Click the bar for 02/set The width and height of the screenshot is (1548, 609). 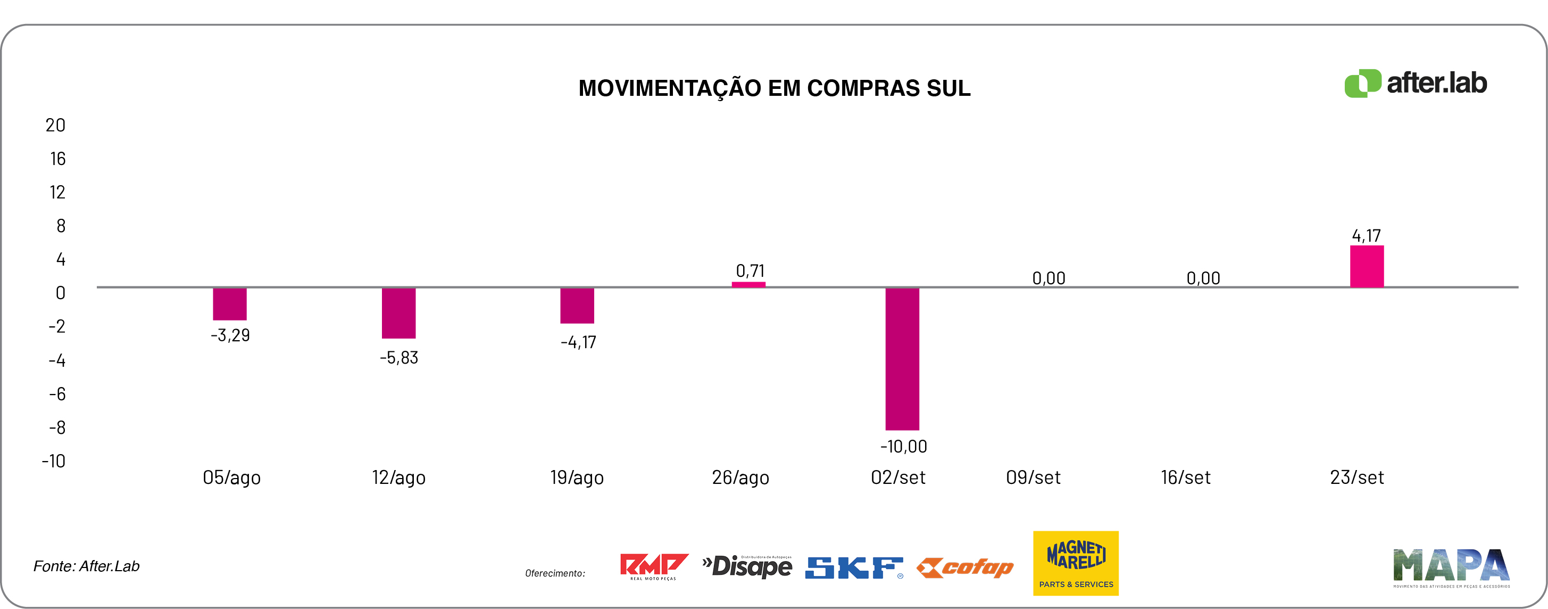(x=902, y=359)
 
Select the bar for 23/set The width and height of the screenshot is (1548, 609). (x=1367, y=266)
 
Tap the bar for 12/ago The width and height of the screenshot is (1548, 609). (x=398, y=313)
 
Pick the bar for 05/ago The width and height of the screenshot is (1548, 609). (x=230, y=304)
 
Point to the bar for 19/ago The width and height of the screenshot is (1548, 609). (x=577, y=306)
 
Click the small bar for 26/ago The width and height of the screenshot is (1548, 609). (x=748, y=284)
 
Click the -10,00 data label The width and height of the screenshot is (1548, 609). (x=903, y=447)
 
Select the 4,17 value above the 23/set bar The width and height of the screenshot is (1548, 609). (x=1366, y=236)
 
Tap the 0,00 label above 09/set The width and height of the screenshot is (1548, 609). (x=1048, y=278)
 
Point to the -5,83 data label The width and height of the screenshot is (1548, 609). (x=398, y=358)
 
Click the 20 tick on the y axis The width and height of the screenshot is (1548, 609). (x=55, y=126)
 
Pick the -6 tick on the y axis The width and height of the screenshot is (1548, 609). (x=57, y=394)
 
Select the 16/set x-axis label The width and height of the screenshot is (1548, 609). (x=1185, y=478)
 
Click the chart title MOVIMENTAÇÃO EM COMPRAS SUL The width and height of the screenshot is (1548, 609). (x=774, y=88)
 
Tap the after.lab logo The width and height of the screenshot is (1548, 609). (x=1415, y=83)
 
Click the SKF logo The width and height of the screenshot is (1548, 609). (x=853, y=567)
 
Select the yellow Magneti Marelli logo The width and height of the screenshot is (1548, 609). (x=1075, y=563)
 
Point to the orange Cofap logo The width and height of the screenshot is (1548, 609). (x=965, y=567)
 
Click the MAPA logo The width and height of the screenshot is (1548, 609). (x=1451, y=567)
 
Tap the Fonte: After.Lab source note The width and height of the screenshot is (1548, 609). (x=87, y=566)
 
